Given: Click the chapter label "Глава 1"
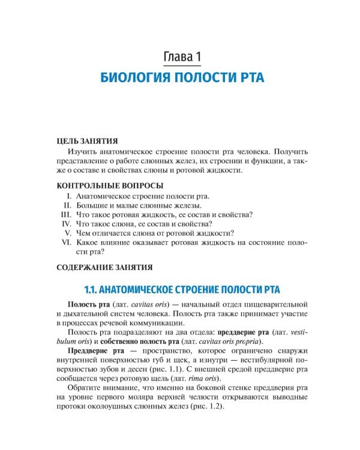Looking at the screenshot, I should coord(182,57).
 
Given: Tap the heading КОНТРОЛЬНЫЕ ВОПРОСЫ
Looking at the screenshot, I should coord(109,185).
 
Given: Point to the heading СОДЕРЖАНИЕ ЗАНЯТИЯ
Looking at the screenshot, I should coord(104,267).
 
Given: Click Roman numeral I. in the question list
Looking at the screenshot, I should coord(70,196).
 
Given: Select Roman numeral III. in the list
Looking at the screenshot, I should coord(67,214).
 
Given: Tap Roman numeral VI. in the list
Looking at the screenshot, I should coord(67,242).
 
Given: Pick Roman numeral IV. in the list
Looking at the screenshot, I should coord(67,223).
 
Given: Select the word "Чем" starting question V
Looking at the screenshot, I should coord(83,233).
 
